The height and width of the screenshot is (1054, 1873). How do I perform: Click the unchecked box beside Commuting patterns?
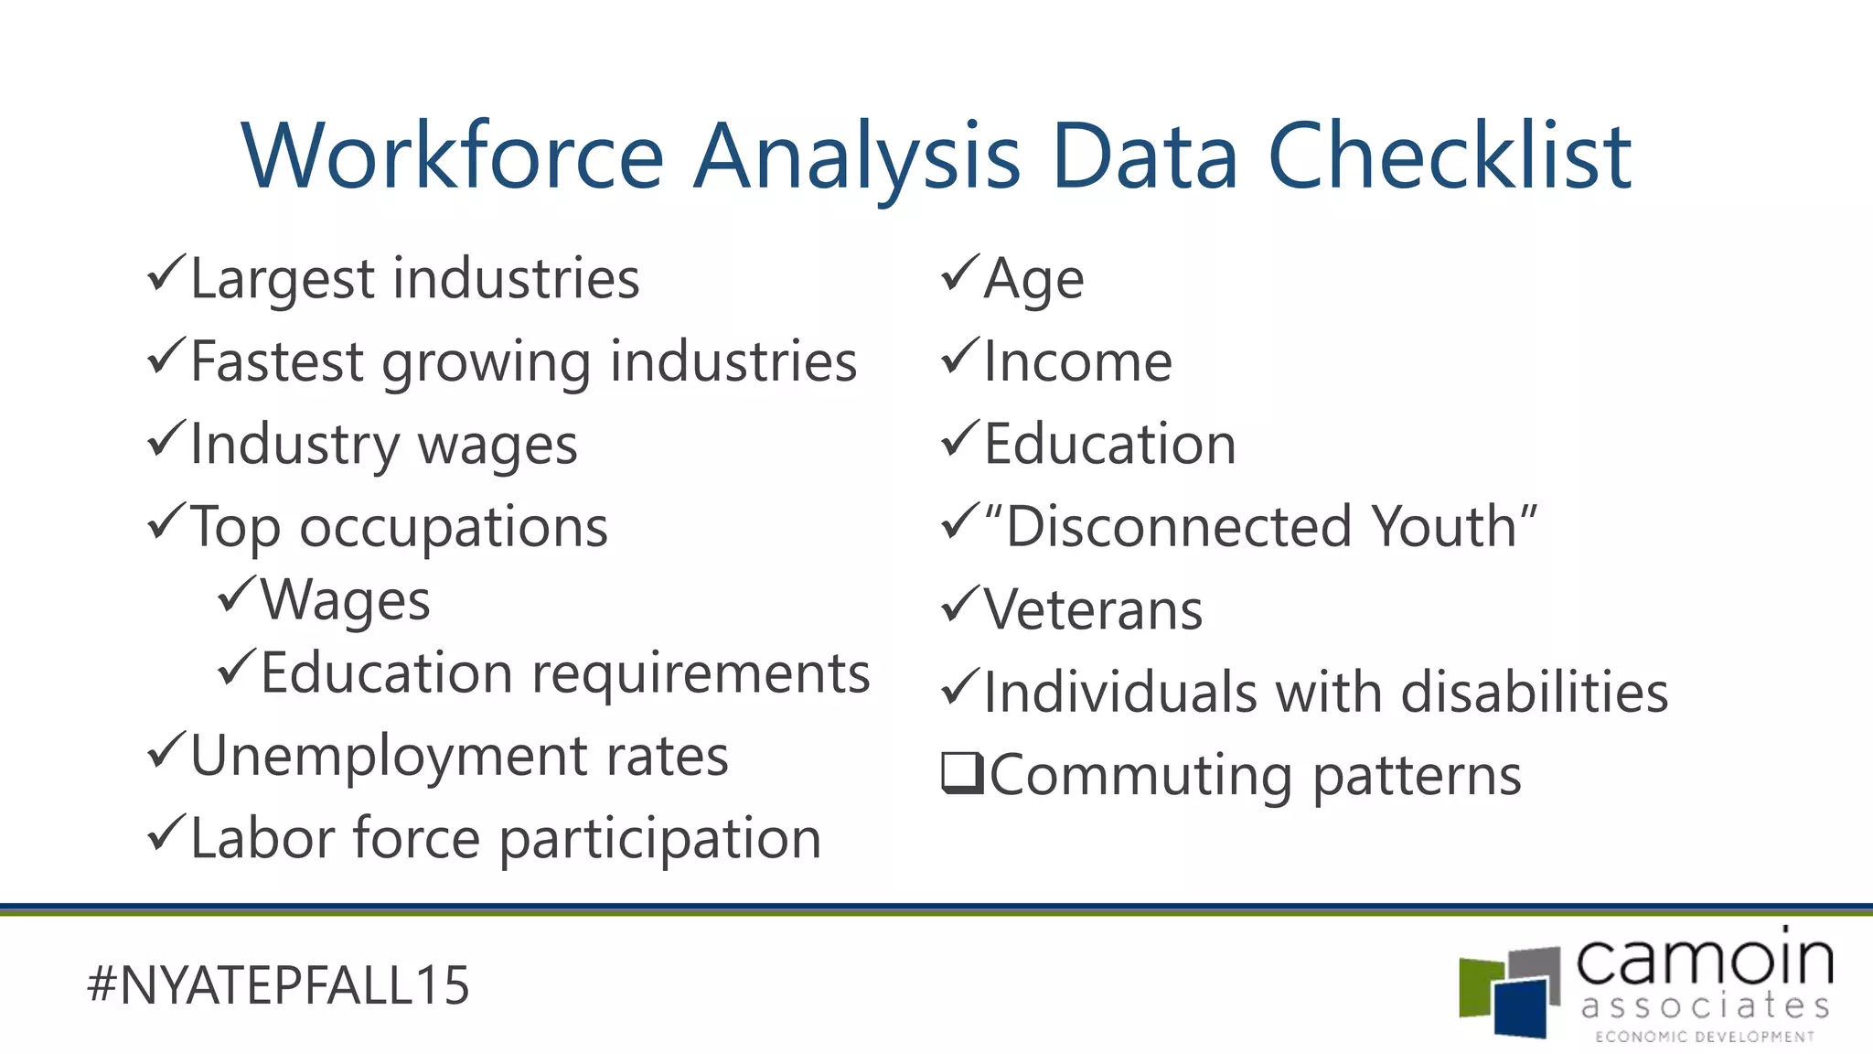(962, 773)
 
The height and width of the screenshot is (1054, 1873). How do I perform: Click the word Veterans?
(1093, 610)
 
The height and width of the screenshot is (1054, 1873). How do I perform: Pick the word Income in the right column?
(1077, 361)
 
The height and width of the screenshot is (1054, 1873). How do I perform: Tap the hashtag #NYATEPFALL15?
(278, 985)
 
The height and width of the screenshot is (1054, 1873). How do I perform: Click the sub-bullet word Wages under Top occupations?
(345, 601)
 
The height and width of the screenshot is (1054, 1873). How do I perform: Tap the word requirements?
(701, 675)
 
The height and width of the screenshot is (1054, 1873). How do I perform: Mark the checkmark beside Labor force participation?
(166, 834)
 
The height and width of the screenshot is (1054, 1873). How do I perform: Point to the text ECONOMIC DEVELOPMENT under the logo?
(1705, 1037)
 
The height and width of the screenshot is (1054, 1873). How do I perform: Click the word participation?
(660, 839)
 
